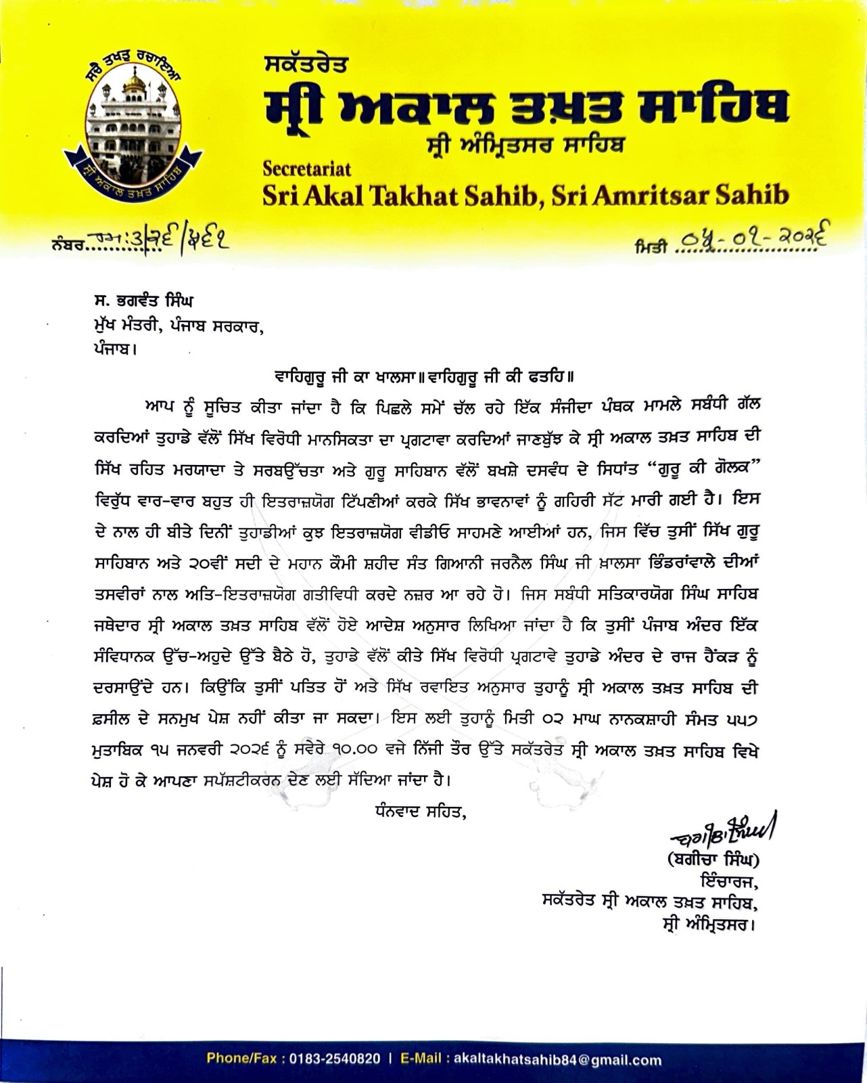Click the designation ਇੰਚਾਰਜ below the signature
728,881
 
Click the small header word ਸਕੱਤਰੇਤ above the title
306,66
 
